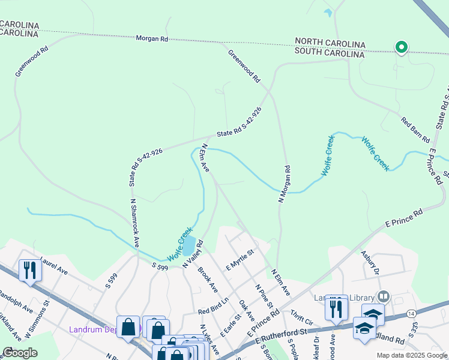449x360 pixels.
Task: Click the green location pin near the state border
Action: [401, 47]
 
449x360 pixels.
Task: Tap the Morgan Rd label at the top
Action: [152, 38]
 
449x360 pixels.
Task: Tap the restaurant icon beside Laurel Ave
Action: [28, 270]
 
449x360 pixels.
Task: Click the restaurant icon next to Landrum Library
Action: [336, 308]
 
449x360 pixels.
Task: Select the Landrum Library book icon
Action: [383, 296]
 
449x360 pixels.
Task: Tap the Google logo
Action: [20, 353]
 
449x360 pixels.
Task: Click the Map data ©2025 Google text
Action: [412, 355]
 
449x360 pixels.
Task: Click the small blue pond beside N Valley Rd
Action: [188, 246]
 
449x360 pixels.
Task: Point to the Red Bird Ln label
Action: [214, 307]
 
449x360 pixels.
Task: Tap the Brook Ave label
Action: [208, 279]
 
